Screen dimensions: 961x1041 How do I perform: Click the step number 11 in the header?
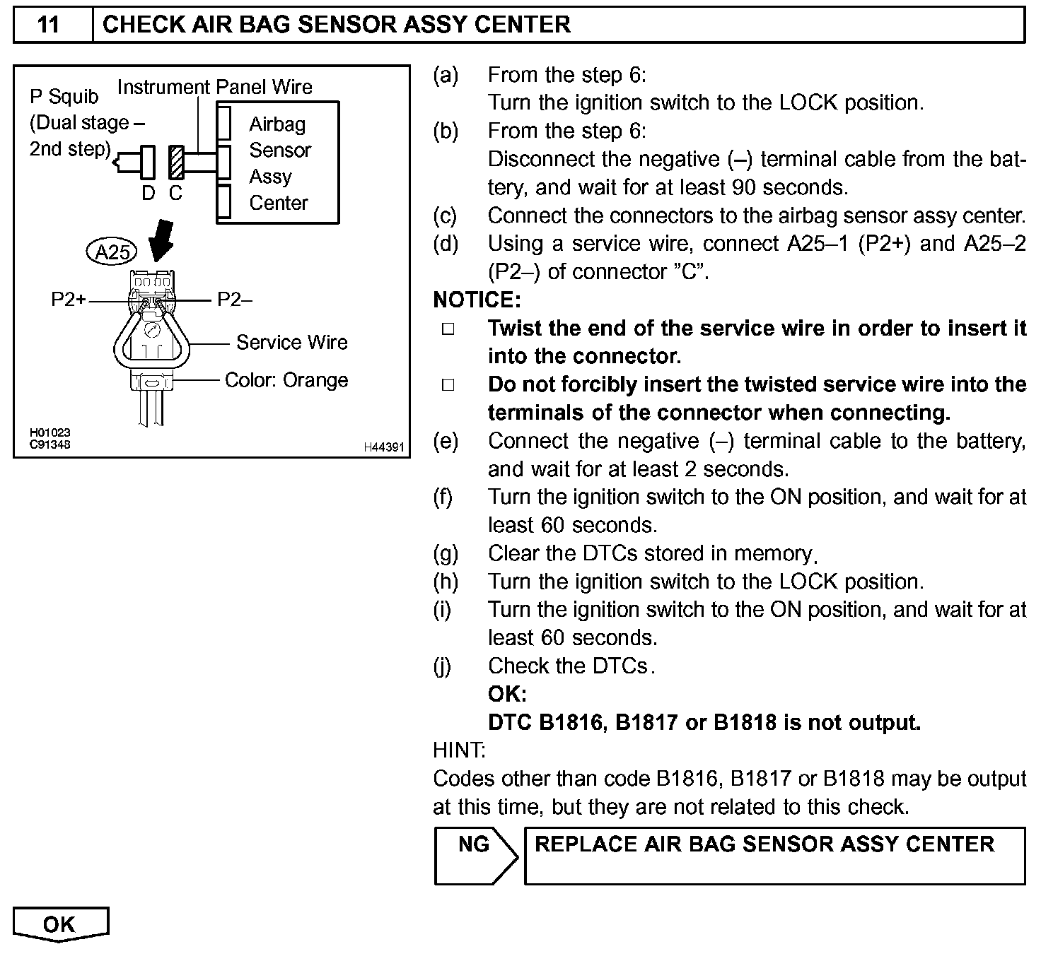coord(48,25)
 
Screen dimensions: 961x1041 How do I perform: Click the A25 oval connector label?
coord(112,252)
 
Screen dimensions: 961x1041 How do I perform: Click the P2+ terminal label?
coord(68,300)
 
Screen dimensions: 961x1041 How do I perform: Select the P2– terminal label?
coord(234,300)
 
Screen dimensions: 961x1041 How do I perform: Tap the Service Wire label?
coord(291,343)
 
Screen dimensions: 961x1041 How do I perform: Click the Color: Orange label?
coord(286,380)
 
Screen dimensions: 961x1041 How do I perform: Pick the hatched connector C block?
coord(176,163)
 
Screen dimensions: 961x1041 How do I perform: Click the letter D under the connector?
coord(149,193)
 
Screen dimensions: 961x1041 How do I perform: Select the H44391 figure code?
coord(383,447)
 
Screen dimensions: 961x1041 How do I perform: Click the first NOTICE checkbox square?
coord(448,329)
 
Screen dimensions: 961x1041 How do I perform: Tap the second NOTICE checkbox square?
coord(448,385)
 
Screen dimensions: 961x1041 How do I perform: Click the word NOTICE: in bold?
coord(477,300)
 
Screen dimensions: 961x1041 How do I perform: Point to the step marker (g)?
coord(446,553)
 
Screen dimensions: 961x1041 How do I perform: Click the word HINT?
coord(459,750)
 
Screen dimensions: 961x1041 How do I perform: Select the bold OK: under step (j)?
coord(507,694)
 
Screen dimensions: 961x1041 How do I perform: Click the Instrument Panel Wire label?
coord(214,87)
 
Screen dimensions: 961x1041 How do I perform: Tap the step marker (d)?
coord(446,244)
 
